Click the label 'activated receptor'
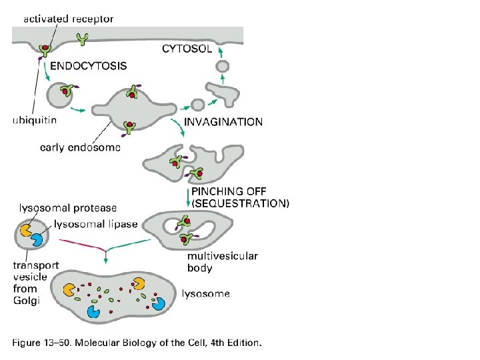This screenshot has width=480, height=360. [x=69, y=19]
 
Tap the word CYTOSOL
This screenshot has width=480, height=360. [x=188, y=48]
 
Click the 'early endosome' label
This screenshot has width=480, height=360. [x=80, y=147]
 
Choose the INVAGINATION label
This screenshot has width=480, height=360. [x=223, y=122]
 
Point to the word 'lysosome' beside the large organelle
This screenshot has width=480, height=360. [x=206, y=293]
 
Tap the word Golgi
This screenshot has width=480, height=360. [x=27, y=301]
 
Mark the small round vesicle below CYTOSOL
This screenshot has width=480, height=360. [x=223, y=65]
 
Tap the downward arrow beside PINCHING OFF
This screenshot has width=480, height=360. [x=186, y=197]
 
